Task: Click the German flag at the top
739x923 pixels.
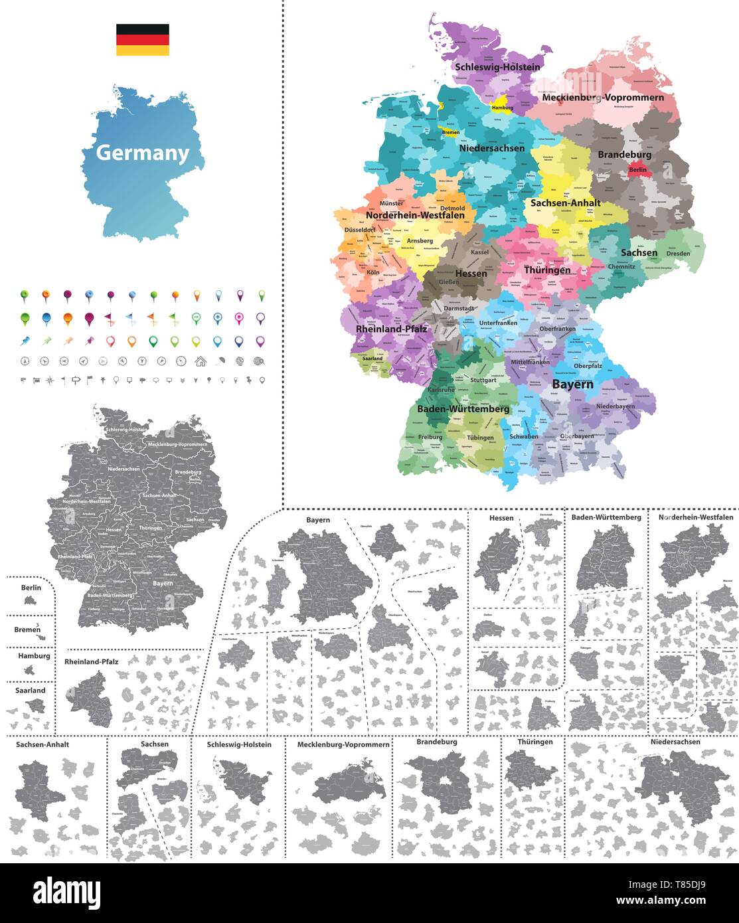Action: [142, 40]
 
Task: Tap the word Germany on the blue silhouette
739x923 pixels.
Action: [143, 153]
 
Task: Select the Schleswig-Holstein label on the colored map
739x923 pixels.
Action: [497, 67]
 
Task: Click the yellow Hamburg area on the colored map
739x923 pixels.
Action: [503, 108]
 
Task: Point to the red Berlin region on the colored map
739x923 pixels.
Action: [638, 169]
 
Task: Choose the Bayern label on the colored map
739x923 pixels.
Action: [572, 384]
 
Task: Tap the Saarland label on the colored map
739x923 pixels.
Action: [372, 358]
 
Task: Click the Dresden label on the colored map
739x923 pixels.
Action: [678, 253]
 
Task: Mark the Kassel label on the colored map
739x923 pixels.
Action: [479, 252]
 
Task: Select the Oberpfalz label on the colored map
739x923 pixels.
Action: [588, 365]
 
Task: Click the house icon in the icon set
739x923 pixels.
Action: [200, 361]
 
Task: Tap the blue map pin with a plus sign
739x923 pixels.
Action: [218, 318]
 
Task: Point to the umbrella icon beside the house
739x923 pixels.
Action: [220, 361]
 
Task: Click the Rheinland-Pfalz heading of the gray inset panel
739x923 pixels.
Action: [92, 662]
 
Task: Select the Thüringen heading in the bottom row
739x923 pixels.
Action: [535, 742]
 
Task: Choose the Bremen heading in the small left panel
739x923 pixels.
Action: [27, 629]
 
